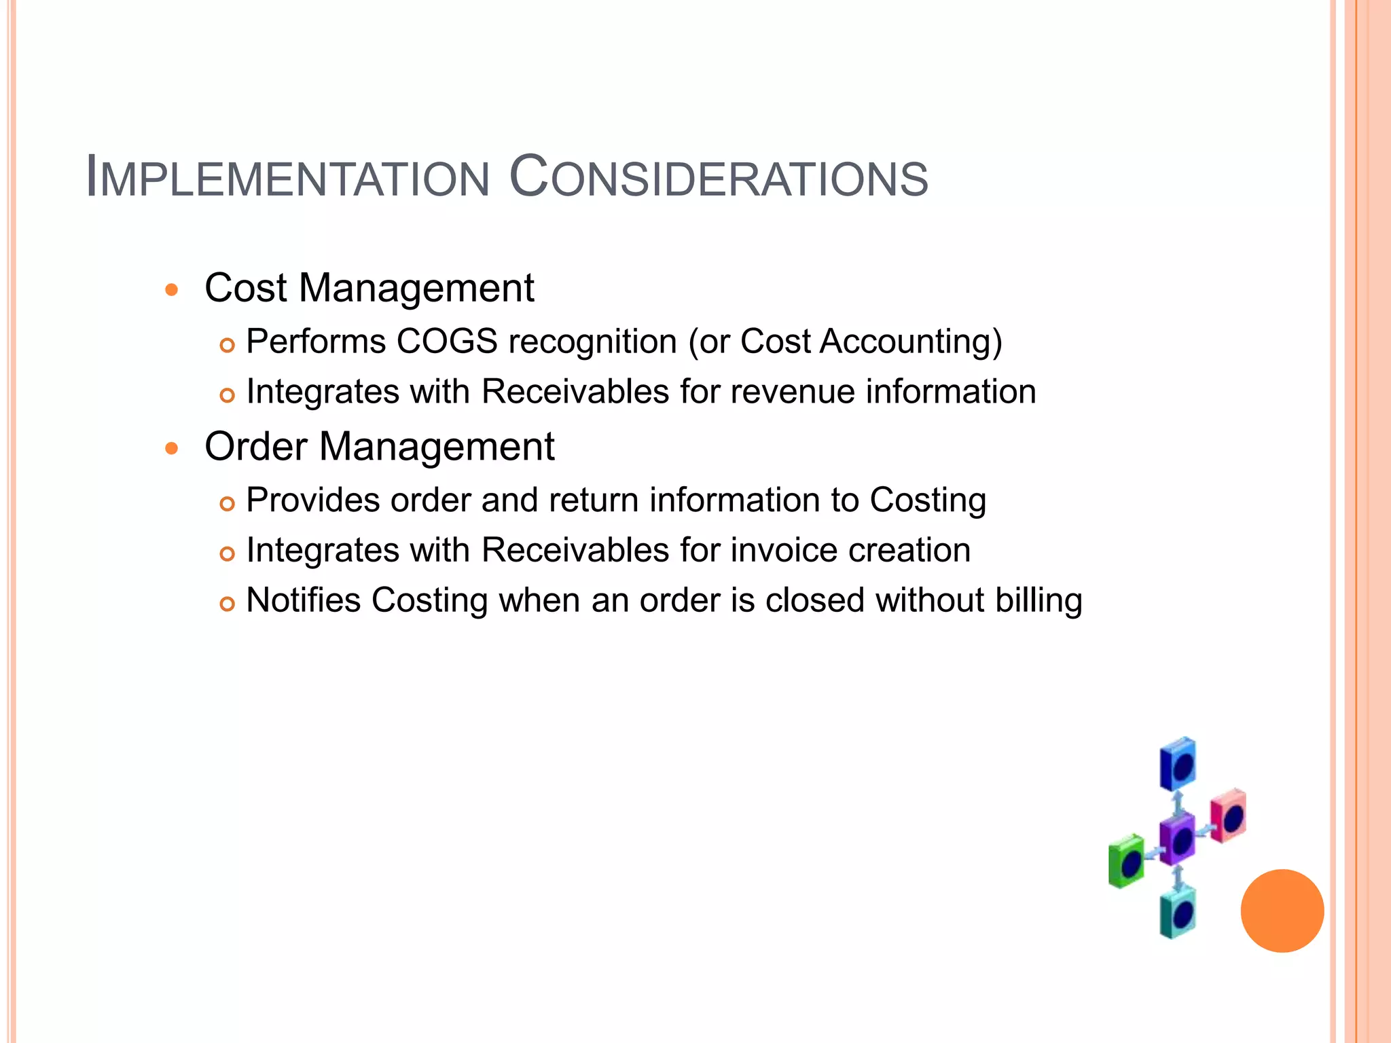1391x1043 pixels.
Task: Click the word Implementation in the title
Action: (288, 179)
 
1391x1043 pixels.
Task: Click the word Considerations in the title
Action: (719, 179)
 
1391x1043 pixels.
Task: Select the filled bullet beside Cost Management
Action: (172, 290)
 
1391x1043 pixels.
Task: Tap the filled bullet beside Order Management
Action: (172, 448)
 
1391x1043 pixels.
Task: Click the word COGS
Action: (447, 342)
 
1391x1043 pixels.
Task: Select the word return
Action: (594, 500)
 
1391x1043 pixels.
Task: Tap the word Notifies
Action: (303, 601)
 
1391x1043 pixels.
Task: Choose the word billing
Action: (1038, 601)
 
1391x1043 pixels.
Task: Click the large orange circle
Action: (1282, 911)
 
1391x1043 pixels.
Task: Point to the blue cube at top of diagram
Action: (1178, 764)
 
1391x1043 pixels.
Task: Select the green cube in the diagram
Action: (1126, 862)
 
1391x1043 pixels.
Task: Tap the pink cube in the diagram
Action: (1229, 816)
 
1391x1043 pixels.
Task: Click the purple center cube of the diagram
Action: (1177, 840)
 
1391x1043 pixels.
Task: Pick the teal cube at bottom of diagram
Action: (1178, 913)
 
